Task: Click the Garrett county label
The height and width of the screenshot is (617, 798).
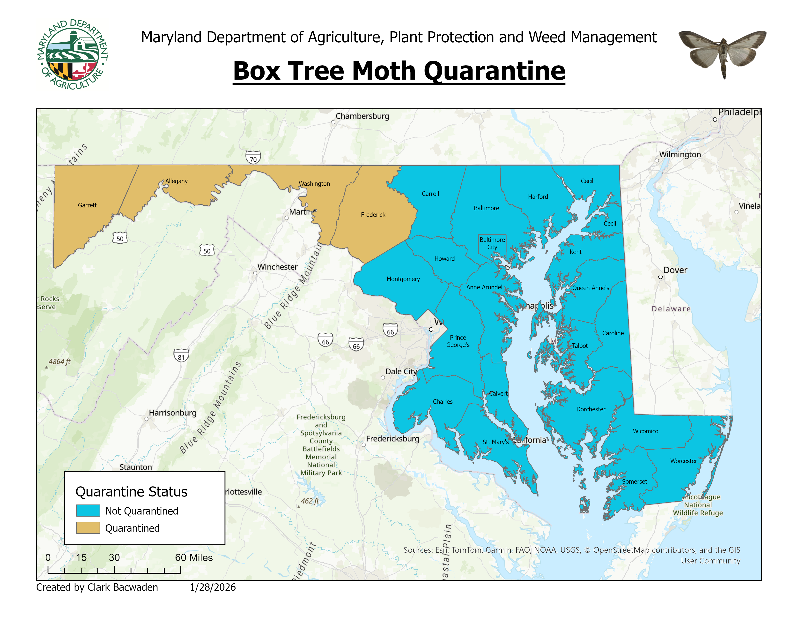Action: (87, 205)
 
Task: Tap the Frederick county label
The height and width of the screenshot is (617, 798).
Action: (373, 215)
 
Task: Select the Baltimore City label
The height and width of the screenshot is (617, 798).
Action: (492, 243)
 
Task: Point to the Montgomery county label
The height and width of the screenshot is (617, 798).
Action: (403, 279)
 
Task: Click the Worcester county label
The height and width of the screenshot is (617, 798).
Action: (683, 461)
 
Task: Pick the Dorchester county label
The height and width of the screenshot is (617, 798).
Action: (591, 409)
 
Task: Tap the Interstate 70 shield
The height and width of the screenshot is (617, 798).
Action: (253, 158)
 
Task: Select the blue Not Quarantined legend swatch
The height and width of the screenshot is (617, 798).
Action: (88, 511)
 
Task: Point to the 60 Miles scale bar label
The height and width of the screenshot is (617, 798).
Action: (194, 557)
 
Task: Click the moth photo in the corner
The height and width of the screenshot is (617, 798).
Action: (722, 53)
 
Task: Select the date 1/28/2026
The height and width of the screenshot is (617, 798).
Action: (213, 587)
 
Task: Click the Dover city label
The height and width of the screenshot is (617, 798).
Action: (675, 271)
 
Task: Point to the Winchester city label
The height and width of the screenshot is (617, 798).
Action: (277, 267)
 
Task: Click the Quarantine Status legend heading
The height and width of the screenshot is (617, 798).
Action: (132, 492)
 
